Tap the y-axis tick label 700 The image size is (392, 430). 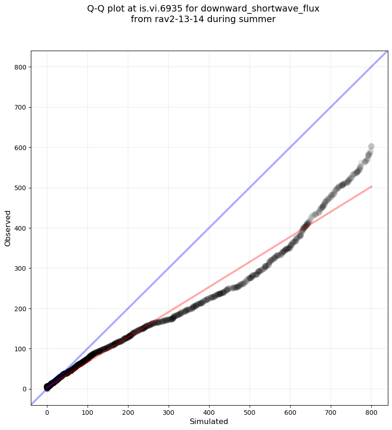pyautogui.click(x=20, y=107)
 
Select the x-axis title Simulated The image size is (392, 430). pyautogui.click(x=209, y=421)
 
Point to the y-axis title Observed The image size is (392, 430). pyautogui.click(x=8, y=228)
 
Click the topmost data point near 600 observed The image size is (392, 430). pyautogui.click(x=371, y=146)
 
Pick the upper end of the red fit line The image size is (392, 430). pyautogui.click(x=371, y=186)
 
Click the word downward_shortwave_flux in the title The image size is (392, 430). pyautogui.click(x=260, y=9)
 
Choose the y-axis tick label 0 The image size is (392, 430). pyautogui.click(x=24, y=389)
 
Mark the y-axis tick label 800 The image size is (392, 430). pyautogui.click(x=20, y=67)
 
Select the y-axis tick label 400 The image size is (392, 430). pyautogui.click(x=20, y=228)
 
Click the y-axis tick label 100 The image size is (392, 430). pyautogui.click(x=20, y=349)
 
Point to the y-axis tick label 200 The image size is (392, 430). pyautogui.click(x=20, y=308)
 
